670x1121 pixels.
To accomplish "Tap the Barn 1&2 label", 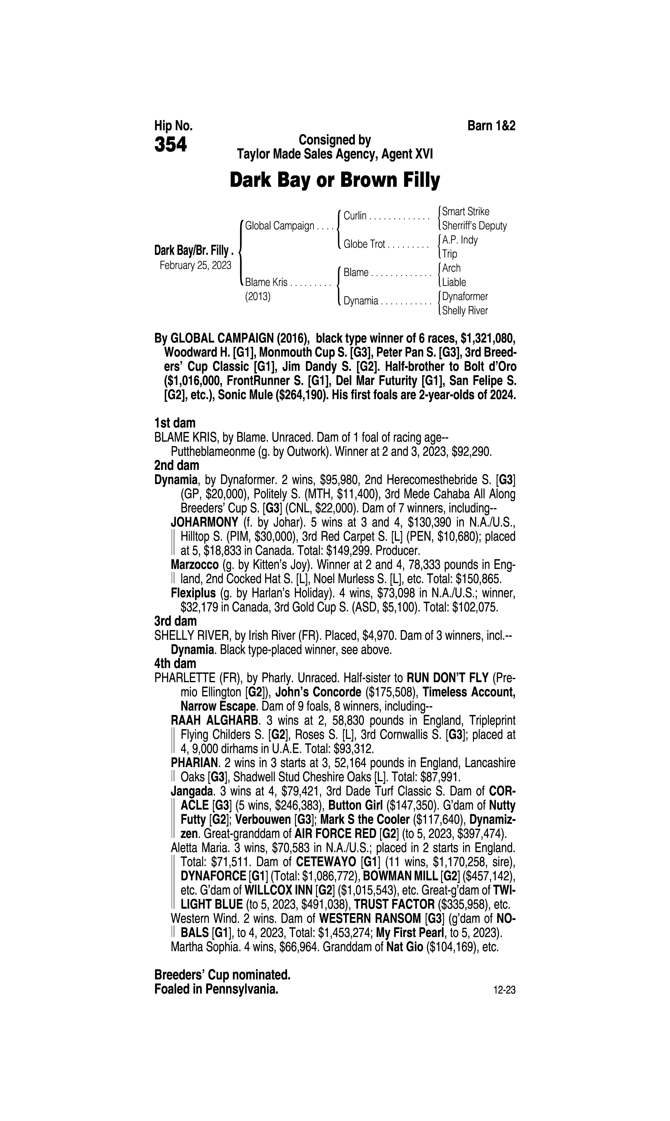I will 491,126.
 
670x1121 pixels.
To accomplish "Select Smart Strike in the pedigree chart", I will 465,211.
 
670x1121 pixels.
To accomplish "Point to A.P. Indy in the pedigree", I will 460,240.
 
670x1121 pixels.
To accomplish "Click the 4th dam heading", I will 175,663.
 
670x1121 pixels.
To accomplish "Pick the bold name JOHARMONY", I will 204,523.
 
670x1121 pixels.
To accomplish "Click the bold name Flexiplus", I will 193,593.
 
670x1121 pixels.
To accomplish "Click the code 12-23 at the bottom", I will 504,991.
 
